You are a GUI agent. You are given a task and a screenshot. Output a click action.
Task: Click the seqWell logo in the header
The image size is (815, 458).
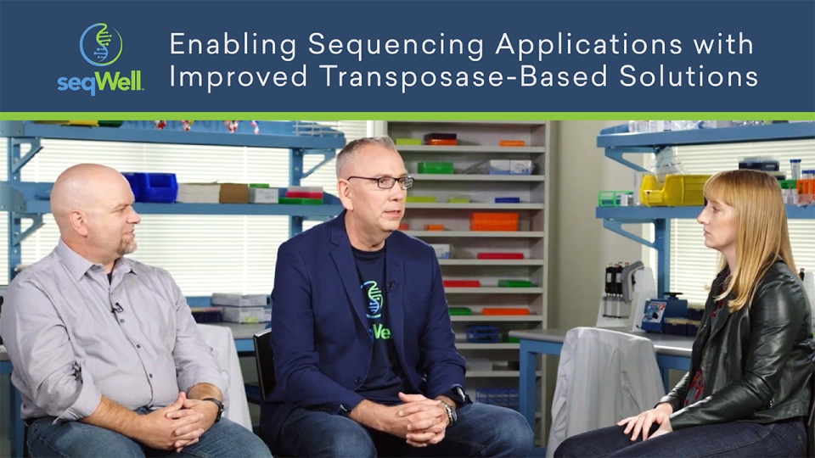coord(100,57)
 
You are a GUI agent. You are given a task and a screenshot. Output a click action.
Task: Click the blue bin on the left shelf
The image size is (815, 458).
coord(150,187)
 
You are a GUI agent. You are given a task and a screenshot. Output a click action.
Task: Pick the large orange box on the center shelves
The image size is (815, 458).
coord(493,221)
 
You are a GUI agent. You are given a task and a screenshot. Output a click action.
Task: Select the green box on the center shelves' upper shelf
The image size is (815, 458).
coord(435,167)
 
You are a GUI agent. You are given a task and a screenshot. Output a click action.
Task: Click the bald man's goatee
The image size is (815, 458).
coord(127,248)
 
